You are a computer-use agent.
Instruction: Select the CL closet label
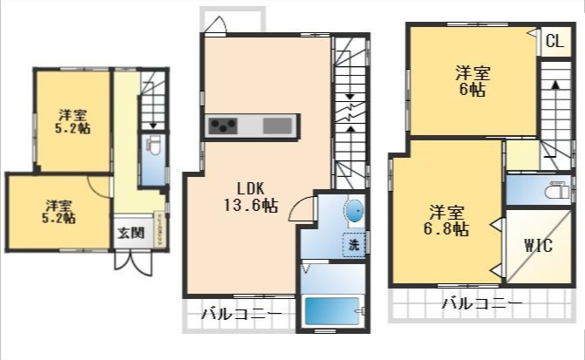[554, 41]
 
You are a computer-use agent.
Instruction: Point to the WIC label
[538, 246]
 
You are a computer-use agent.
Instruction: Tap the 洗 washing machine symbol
[354, 245]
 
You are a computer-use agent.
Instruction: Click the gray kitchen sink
[277, 126]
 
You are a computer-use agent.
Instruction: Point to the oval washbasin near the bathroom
[354, 212]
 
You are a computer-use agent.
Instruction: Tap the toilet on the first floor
[153, 146]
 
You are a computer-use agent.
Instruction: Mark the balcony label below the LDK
[241, 314]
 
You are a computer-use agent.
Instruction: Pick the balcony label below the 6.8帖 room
[480, 305]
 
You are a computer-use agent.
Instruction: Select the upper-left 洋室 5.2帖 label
[73, 121]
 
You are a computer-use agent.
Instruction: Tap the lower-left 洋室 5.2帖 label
[59, 212]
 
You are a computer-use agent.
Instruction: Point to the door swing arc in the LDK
[303, 207]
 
